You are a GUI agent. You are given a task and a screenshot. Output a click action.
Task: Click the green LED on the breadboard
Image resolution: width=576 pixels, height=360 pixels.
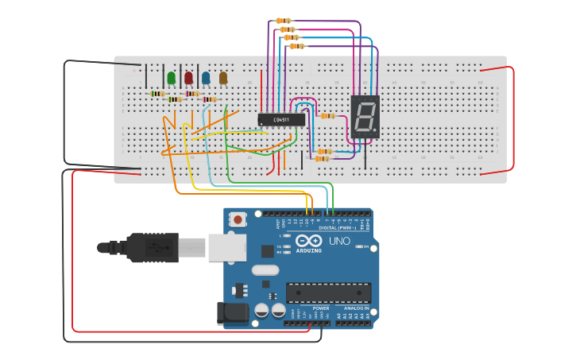[171, 78]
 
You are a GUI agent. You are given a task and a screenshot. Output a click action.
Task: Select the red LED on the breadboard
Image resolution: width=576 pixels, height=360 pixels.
[188, 78]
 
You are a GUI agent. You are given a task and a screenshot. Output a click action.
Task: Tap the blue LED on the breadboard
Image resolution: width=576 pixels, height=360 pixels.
[206, 78]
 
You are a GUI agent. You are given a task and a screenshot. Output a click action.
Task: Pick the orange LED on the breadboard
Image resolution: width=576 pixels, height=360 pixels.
[223, 78]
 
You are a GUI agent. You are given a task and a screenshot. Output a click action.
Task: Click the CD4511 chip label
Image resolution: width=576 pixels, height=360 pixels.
[281, 120]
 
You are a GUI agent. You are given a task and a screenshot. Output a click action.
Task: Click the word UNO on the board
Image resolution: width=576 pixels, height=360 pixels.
[339, 240]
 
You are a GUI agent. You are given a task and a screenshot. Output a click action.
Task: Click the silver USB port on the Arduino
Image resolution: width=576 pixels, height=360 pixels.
[226, 247]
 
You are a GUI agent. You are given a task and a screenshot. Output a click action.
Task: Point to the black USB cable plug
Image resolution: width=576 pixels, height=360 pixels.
[151, 247]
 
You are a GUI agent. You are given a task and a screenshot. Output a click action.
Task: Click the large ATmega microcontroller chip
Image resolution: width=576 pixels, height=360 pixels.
[328, 292]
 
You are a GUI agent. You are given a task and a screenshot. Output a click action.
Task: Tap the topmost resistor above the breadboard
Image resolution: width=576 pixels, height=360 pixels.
[283, 21]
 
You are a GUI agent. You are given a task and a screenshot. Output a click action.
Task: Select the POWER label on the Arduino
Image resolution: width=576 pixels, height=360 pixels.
[321, 308]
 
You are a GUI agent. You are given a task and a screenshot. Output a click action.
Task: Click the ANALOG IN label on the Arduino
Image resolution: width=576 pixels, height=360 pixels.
[357, 308]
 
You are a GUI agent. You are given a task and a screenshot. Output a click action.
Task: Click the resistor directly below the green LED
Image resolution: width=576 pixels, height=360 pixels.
[157, 94]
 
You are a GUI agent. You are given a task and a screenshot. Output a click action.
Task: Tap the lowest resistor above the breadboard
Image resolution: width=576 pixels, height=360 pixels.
[296, 46]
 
